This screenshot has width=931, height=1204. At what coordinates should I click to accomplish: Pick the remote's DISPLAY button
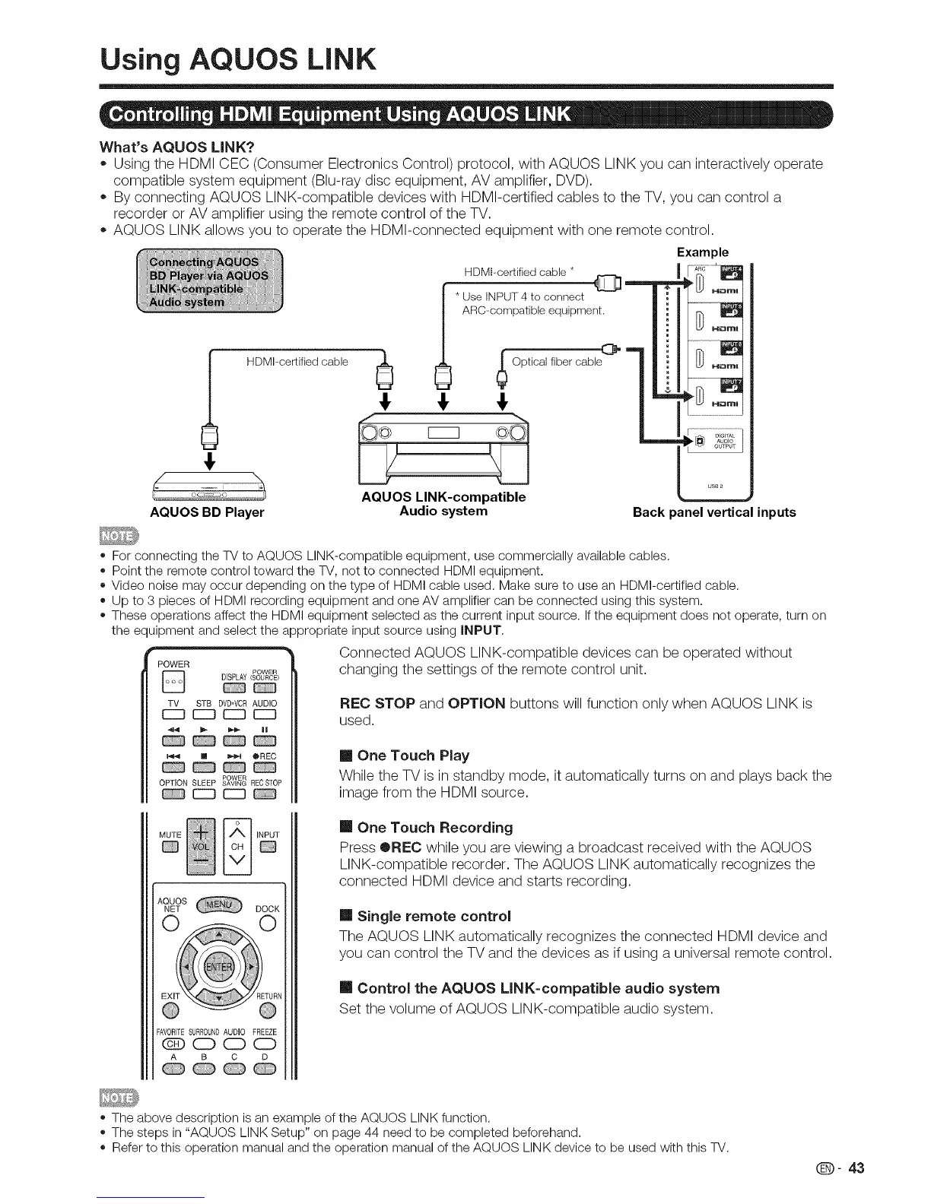coord(231,691)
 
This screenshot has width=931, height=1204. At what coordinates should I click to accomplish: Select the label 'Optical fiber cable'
coord(557,362)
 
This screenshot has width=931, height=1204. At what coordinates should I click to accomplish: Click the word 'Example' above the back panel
coord(702,252)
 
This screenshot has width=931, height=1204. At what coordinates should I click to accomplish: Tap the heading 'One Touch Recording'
coord(434,827)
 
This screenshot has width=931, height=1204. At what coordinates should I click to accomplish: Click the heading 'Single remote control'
coord(434,915)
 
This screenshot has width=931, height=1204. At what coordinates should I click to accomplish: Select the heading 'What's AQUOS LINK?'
coord(176,146)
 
